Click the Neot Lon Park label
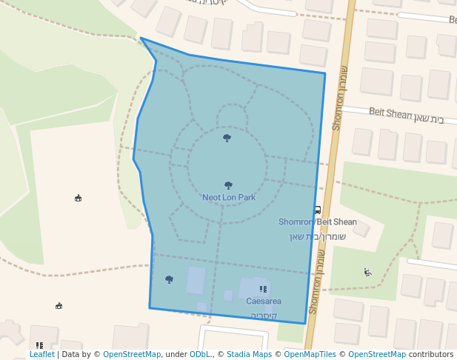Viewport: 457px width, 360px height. pyautogui.click(x=229, y=198)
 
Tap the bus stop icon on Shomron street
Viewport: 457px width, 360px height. pyautogui.click(x=317, y=210)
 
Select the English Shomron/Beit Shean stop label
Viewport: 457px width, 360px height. pyautogui.click(x=317, y=222)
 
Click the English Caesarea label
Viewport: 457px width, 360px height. pyautogui.click(x=264, y=301)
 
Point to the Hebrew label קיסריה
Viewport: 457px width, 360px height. pyautogui.click(x=264, y=316)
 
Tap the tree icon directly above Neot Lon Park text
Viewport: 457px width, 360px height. pyautogui.click(x=228, y=185)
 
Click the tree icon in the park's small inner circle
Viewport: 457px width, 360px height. pyautogui.click(x=227, y=138)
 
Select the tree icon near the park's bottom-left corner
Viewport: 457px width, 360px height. pyautogui.click(x=169, y=279)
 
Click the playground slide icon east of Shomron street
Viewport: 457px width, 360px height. pyautogui.click(x=367, y=272)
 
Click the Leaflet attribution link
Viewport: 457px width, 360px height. pyautogui.click(x=42, y=355)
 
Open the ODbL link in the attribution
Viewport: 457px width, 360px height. pyautogui.click(x=201, y=355)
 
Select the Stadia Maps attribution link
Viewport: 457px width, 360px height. pyautogui.click(x=249, y=355)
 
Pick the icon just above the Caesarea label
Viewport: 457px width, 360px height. pyautogui.click(x=263, y=289)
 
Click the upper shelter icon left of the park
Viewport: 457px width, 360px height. pyautogui.click(x=78, y=198)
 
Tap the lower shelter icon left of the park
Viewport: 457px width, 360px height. pyautogui.click(x=59, y=306)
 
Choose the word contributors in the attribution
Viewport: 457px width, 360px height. pyautogui.click(x=430, y=355)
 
